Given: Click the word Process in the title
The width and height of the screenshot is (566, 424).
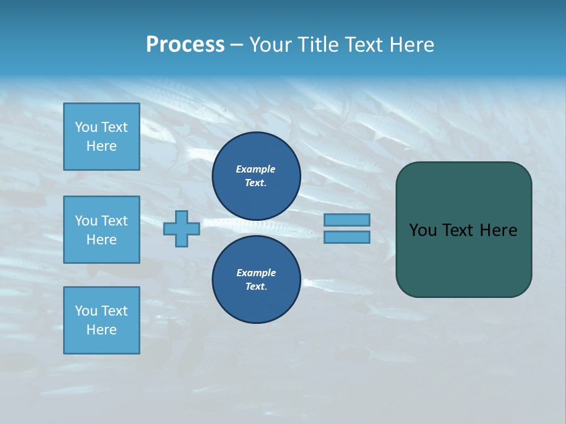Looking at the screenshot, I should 185,45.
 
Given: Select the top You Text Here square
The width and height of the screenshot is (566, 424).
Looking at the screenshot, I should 101,137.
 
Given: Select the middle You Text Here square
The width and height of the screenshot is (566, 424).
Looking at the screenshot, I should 101,230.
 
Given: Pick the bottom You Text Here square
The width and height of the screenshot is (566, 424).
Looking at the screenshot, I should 101,320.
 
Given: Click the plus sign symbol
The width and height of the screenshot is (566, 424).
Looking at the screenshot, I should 182,228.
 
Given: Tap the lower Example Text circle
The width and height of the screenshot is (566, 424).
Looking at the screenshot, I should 256,279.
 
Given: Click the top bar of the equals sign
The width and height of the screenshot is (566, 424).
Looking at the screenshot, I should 347,220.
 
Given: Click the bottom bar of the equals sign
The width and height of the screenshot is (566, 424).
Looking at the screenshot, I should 347,237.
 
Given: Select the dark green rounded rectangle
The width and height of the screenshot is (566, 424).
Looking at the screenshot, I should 463,259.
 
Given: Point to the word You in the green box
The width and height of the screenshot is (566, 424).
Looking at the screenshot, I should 422,230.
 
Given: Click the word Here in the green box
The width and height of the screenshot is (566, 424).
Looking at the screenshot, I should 498,230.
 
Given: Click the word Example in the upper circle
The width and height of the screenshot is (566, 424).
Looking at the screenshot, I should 256,169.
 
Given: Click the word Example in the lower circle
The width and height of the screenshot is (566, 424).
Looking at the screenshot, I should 256,273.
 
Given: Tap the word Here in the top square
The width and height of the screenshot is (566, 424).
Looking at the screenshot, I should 101,146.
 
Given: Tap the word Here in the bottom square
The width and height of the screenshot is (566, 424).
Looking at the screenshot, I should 101,330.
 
